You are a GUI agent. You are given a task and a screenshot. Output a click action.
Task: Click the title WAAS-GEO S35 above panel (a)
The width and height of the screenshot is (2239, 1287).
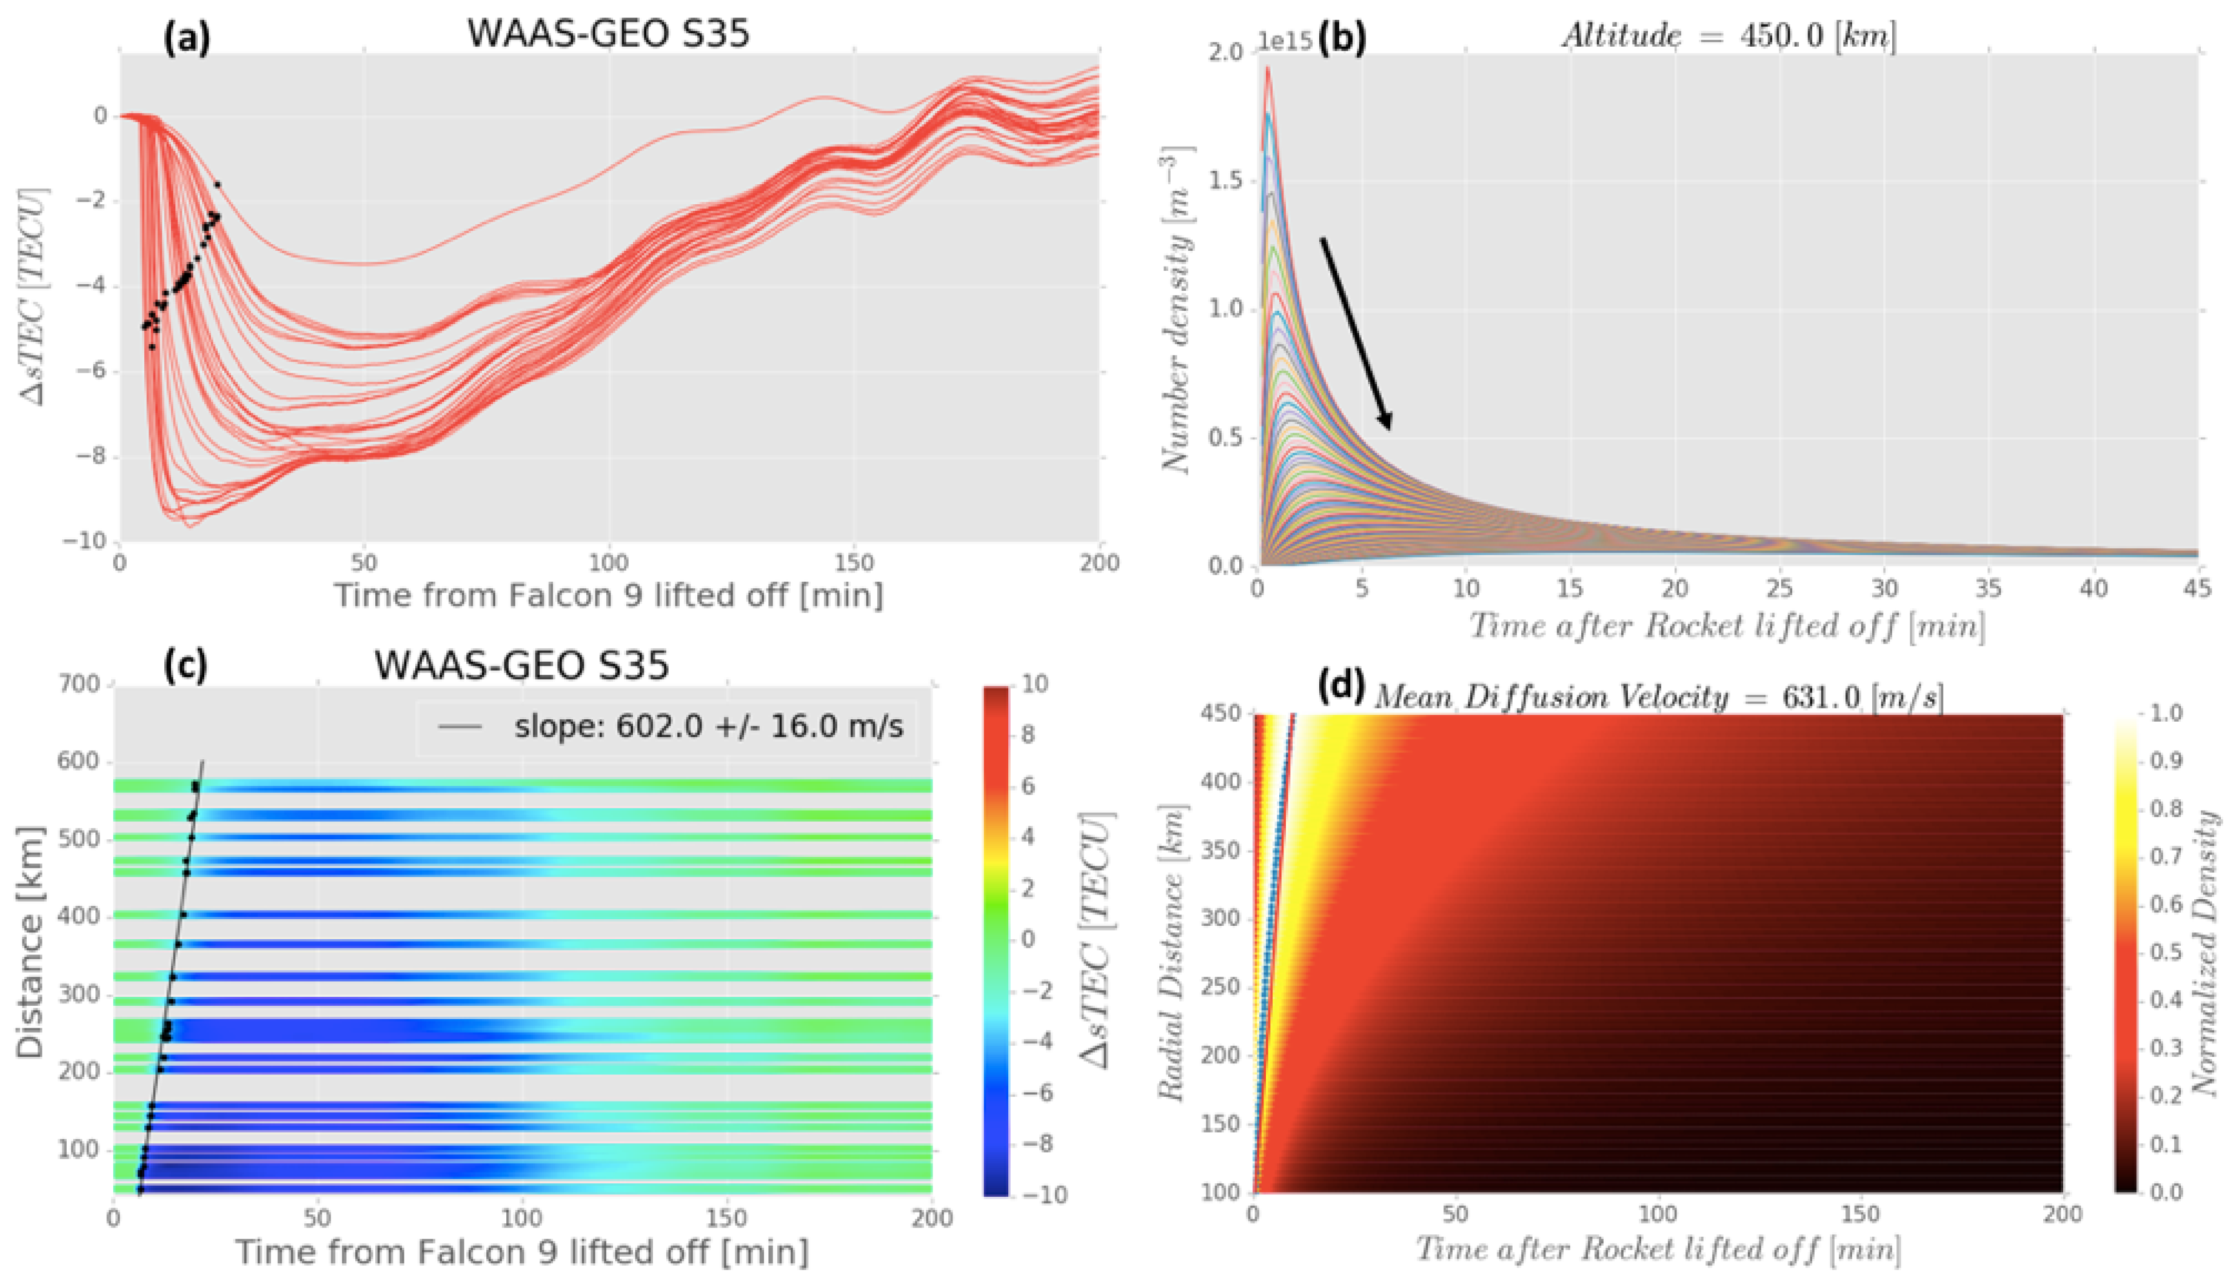[607, 33]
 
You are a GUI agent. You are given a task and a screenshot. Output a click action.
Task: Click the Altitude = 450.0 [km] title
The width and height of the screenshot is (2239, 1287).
[1728, 35]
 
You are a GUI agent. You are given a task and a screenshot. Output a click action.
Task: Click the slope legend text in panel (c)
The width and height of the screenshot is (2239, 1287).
[708, 727]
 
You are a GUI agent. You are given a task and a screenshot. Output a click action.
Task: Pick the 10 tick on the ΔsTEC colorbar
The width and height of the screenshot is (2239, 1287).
[1034, 683]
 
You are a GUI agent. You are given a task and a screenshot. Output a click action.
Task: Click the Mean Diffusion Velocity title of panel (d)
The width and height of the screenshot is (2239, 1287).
[1658, 697]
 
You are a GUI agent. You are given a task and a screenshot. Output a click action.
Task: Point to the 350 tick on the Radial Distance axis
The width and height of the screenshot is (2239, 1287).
[1220, 850]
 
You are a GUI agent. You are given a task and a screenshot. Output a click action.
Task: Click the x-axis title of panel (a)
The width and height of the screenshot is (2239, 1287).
[607, 596]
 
